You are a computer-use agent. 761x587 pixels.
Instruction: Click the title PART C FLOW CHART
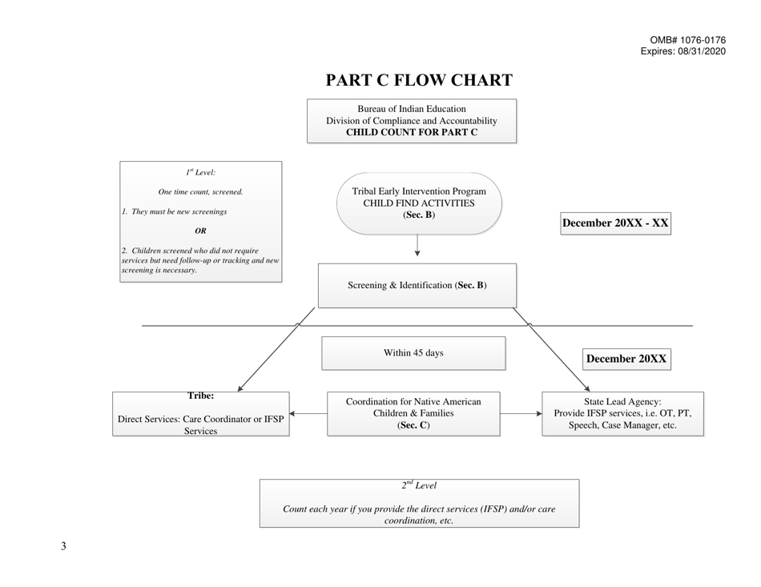click(x=419, y=80)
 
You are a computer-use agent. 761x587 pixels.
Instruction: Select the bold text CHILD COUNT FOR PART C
click(x=411, y=132)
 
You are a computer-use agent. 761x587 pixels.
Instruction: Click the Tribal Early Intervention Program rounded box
click(x=419, y=203)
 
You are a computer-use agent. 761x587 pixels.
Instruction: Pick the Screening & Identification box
click(x=417, y=285)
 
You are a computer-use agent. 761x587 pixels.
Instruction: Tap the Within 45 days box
click(x=413, y=353)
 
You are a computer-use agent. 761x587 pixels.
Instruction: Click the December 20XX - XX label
click(x=615, y=223)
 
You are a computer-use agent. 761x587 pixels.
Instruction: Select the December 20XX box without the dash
click(x=626, y=359)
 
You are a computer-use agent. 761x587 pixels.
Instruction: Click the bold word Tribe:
click(x=200, y=396)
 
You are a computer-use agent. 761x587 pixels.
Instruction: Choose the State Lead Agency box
click(x=622, y=413)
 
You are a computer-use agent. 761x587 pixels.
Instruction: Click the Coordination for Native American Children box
click(x=413, y=413)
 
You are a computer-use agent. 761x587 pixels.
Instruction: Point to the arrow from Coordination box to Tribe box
click(x=308, y=414)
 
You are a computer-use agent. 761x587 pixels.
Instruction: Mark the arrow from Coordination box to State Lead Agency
click(x=521, y=414)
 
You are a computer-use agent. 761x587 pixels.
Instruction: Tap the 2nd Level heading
click(x=418, y=485)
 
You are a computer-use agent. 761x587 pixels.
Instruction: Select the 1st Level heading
click(x=200, y=171)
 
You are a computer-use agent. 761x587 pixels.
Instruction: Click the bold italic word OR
click(x=200, y=231)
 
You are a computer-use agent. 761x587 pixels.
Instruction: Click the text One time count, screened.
click(x=200, y=191)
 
